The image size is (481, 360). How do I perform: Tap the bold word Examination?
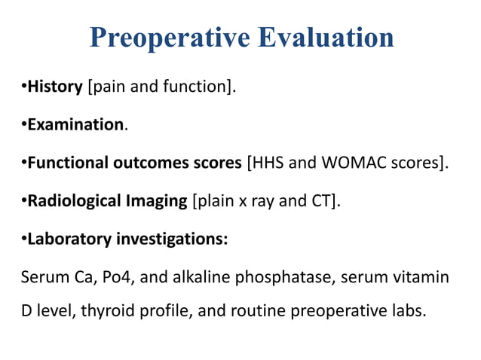coord(75,124)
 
